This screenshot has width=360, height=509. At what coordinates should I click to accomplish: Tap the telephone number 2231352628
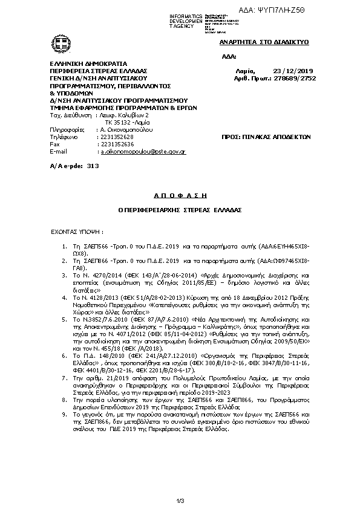pos(115,137)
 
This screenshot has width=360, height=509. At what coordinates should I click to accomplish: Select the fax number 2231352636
pos(115,145)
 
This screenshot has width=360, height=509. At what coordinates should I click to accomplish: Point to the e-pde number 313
pos(93,164)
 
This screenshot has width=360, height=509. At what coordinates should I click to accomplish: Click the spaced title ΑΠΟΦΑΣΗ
pos(179,196)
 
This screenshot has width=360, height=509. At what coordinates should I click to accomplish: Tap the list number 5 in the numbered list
pos(65,318)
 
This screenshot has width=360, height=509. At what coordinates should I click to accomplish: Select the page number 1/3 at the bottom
pos(180,499)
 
